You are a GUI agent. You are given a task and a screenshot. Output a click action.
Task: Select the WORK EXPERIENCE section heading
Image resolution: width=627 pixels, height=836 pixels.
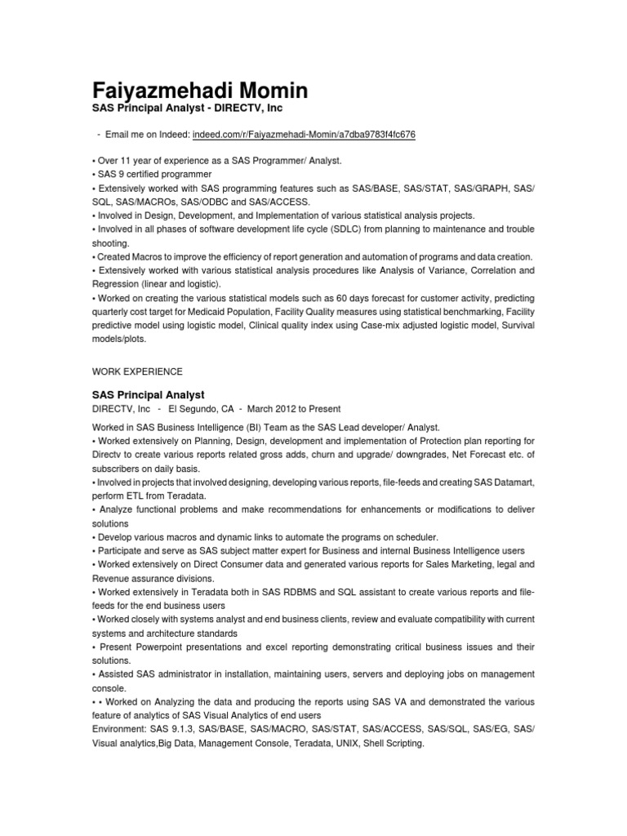pos(137,371)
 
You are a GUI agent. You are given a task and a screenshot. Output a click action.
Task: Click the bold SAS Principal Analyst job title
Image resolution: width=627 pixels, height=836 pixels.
pos(148,394)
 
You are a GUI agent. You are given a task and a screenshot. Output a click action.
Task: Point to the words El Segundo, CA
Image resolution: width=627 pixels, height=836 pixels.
pos(200,408)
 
